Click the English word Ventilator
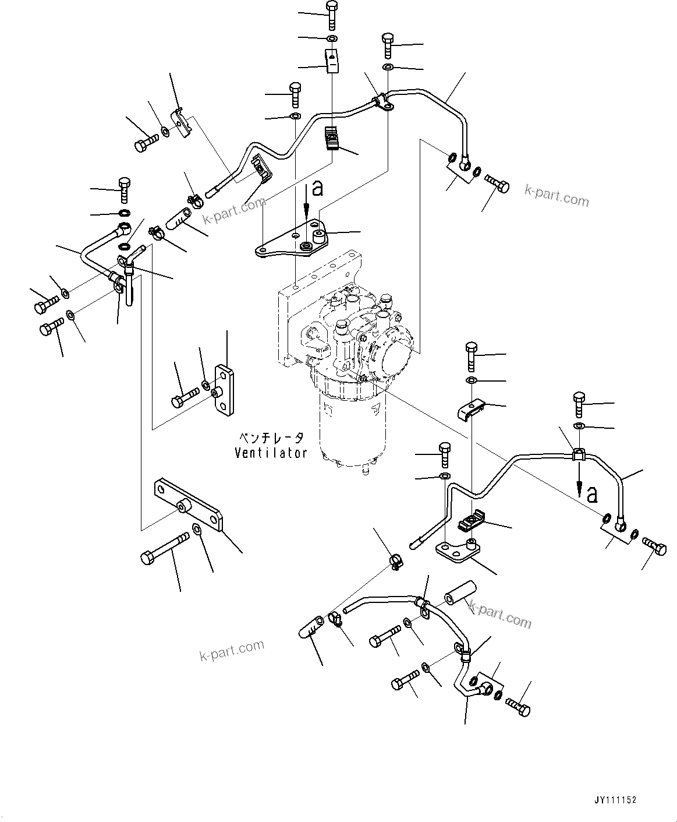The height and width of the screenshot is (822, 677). tap(271, 453)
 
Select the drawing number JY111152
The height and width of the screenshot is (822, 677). tap(615, 800)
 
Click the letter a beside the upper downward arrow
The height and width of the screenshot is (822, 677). tap(317, 188)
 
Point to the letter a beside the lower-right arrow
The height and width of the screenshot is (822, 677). tap(592, 494)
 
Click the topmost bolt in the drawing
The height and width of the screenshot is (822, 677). tap(331, 15)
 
